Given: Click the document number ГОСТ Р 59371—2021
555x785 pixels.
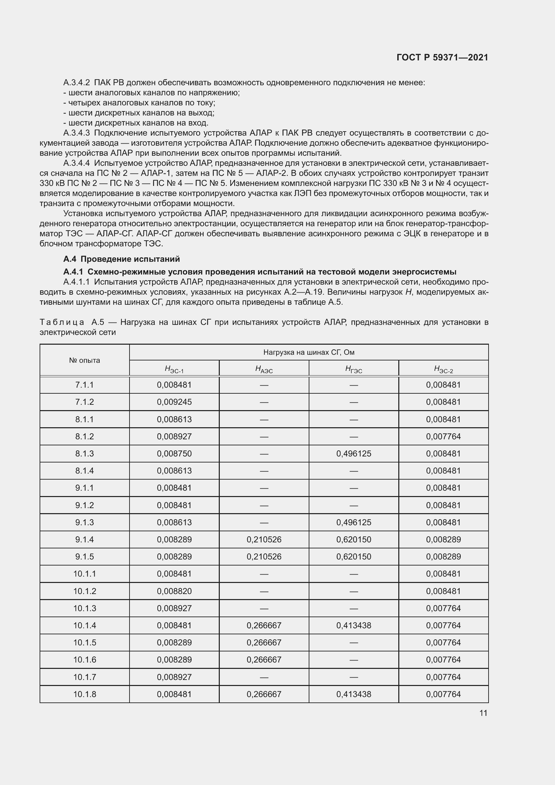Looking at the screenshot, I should pyautogui.click(x=442, y=57).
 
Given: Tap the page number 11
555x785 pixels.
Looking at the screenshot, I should pyautogui.click(x=483, y=713).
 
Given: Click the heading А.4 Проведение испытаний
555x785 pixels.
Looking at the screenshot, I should pyautogui.click(x=121, y=259).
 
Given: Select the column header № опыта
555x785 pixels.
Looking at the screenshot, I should pyautogui.click(x=85, y=360).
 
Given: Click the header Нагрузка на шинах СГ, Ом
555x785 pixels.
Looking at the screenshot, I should pyautogui.click(x=309, y=352).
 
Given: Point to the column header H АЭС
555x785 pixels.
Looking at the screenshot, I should pyautogui.click(x=264, y=369).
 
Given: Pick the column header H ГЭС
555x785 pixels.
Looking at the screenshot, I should pyautogui.click(x=353, y=369).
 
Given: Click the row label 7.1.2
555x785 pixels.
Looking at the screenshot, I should pyautogui.click(x=85, y=402).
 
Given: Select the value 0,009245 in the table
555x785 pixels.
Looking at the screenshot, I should pyautogui.click(x=174, y=402).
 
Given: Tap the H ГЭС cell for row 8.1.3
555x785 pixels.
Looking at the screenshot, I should pyautogui.click(x=353, y=453).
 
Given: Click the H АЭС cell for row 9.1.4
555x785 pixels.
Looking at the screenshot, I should pyautogui.click(x=264, y=540).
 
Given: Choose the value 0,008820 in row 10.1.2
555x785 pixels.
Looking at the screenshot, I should pyautogui.click(x=174, y=591).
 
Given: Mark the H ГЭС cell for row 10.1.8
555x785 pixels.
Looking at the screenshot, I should pyautogui.click(x=353, y=694).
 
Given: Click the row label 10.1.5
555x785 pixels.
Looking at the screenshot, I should pyautogui.click(x=85, y=642).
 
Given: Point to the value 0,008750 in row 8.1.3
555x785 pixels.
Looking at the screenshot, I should pyautogui.click(x=174, y=453).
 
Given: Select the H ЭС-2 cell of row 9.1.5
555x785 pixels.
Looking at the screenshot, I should pyautogui.click(x=443, y=556).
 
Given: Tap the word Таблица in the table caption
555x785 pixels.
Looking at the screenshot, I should pyautogui.click(x=62, y=322).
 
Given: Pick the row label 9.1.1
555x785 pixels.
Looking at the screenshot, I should pyautogui.click(x=85, y=488).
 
